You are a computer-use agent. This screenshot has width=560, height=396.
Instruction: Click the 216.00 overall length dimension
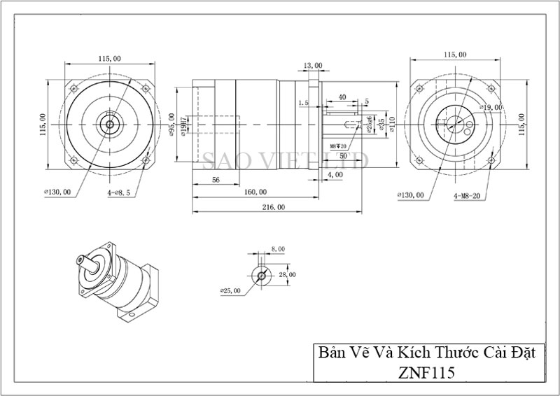coord(274,207)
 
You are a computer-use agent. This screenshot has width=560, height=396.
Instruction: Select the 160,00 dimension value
coord(254,191)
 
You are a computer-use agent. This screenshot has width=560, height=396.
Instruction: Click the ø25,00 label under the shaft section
coord(230,290)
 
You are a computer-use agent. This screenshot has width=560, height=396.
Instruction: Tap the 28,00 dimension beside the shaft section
coord(288,275)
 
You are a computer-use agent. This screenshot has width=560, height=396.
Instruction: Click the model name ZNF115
coord(424,372)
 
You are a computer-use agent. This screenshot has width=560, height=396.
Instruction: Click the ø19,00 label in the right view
coord(492,107)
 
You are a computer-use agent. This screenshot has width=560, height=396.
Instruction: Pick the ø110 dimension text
coord(393,125)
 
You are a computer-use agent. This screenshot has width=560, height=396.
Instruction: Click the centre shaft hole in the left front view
coord(108,125)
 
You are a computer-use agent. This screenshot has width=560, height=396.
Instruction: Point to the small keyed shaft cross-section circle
coord(261,275)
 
